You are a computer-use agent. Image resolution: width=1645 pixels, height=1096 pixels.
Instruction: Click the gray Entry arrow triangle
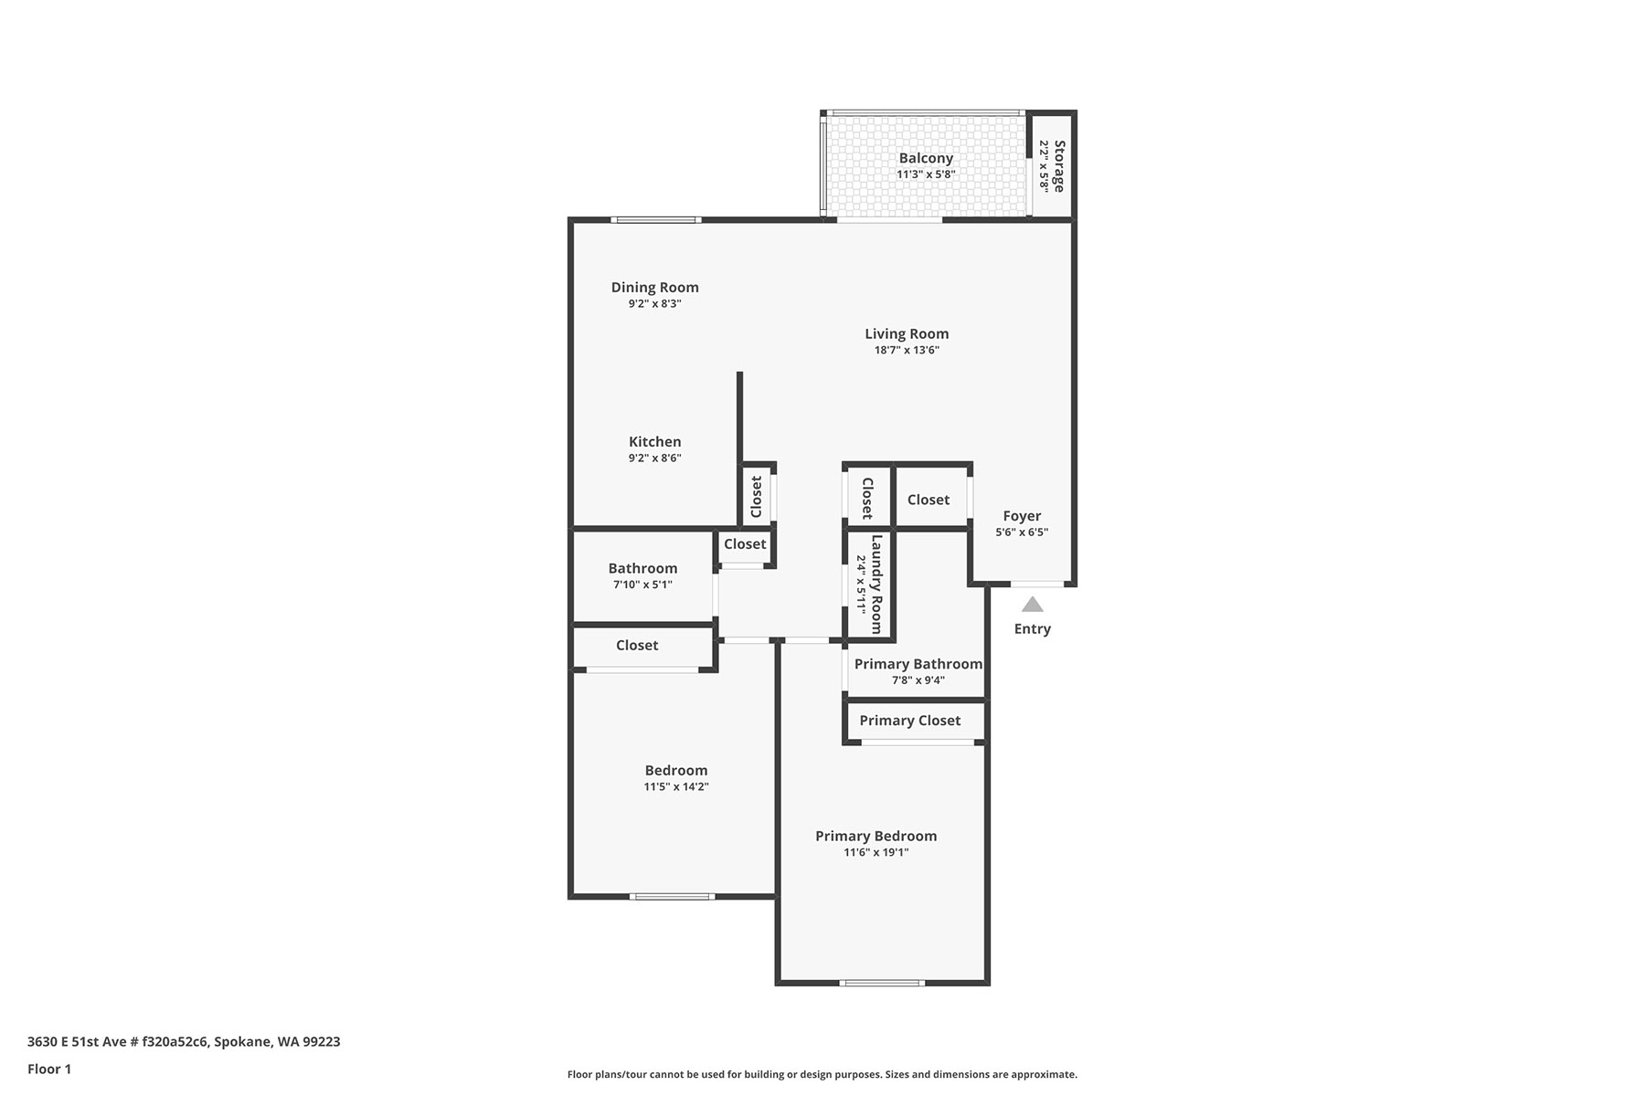click(x=1033, y=604)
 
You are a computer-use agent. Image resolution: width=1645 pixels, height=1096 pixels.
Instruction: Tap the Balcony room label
click(x=926, y=158)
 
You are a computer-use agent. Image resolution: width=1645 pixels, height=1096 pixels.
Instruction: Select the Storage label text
click(x=1059, y=165)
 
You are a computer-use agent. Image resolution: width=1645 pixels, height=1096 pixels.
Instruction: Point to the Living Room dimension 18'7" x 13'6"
click(x=907, y=350)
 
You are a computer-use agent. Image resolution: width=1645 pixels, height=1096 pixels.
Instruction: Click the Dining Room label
click(x=654, y=287)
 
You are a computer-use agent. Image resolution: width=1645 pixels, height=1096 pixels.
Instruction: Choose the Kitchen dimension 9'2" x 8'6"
click(x=654, y=458)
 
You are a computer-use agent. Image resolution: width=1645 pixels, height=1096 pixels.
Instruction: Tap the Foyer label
click(x=1022, y=516)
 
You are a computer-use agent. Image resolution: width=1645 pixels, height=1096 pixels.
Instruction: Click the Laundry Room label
click(x=876, y=585)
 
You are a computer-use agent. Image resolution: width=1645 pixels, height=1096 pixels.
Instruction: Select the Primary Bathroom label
click(x=918, y=664)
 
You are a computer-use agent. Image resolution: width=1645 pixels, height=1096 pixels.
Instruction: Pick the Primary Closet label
click(x=910, y=721)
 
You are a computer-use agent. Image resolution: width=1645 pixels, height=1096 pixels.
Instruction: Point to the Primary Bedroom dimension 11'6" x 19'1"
click(x=876, y=853)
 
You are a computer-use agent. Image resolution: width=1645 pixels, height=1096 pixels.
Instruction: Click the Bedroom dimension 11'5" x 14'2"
click(x=676, y=786)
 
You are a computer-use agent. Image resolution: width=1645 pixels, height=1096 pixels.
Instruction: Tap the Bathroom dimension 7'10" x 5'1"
click(x=642, y=585)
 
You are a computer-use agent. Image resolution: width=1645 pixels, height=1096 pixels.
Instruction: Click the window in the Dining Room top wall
click(x=656, y=219)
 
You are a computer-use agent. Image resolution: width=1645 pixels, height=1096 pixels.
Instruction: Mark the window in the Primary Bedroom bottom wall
click(x=882, y=983)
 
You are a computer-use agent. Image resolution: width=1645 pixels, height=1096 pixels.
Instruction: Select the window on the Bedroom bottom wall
click(x=672, y=896)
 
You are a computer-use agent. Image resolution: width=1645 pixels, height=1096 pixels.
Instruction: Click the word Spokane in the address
click(x=243, y=1041)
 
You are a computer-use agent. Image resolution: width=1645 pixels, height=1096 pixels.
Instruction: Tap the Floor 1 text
click(x=49, y=1069)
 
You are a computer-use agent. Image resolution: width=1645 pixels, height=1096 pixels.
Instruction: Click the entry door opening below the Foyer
click(x=1037, y=584)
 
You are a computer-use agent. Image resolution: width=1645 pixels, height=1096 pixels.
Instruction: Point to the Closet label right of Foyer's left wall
click(x=929, y=500)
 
